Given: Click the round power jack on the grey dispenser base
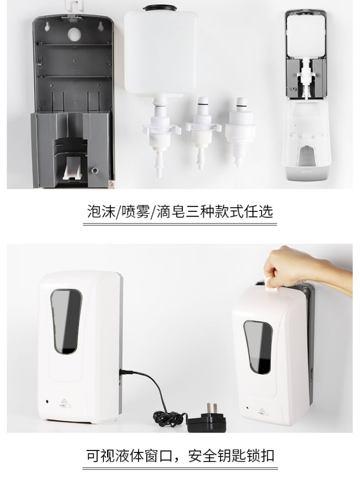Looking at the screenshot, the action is (x=94, y=170).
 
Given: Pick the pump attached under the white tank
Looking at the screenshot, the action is (x=161, y=136).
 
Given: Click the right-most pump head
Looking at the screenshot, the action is (x=241, y=133).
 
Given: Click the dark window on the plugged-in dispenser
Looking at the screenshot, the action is (x=66, y=322).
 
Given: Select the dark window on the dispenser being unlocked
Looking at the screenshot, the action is (x=258, y=347).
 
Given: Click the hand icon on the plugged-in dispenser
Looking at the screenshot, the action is (x=65, y=403).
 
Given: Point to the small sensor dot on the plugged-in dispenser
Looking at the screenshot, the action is (x=47, y=401).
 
